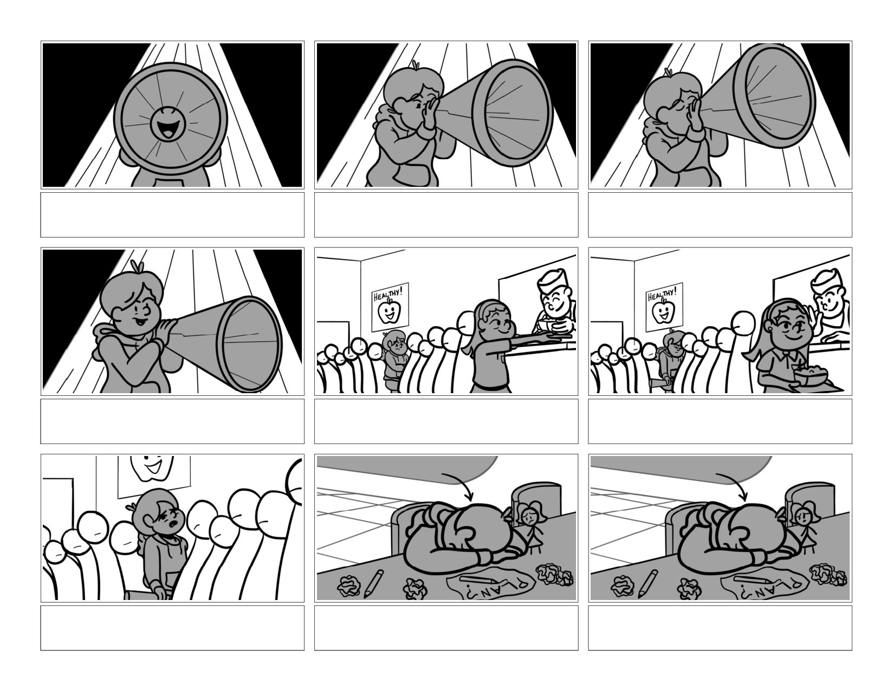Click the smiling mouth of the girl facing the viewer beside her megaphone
tap(140, 320)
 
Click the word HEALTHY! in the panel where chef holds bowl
tap(386, 295)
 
